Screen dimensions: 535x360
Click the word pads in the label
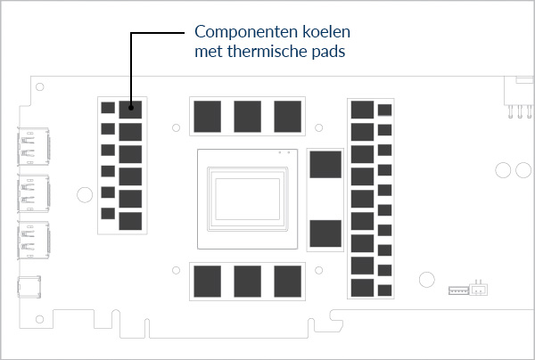click(328, 52)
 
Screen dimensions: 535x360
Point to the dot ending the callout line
click(131, 108)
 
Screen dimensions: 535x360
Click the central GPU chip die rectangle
click(247, 199)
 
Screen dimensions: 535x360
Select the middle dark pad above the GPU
click(247, 116)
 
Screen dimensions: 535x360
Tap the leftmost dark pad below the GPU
click(208, 282)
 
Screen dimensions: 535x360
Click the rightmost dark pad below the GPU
click(288, 282)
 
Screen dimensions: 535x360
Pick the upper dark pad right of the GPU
click(325, 165)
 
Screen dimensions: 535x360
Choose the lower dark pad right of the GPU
click(325, 233)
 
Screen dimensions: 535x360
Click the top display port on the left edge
click(34, 147)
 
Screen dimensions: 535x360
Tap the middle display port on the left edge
click(34, 193)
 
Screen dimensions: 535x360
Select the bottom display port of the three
click(34, 240)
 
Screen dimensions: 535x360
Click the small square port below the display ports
click(29, 287)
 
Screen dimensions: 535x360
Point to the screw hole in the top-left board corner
click(39, 87)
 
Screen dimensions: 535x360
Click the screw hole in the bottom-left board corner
click(39, 319)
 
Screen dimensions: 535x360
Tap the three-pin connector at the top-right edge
click(519, 97)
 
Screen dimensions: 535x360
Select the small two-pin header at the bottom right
click(479, 288)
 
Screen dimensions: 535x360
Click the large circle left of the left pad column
click(85, 194)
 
